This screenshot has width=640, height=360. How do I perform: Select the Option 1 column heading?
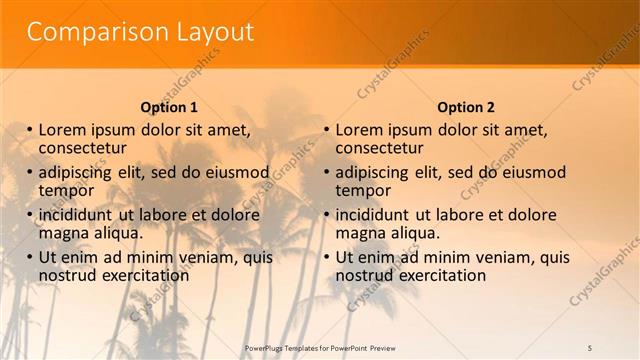pyautogui.click(x=168, y=107)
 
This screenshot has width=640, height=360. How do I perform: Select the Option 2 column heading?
pyautogui.click(x=466, y=107)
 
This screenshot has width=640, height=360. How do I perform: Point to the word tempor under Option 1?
pyautogui.click(x=66, y=190)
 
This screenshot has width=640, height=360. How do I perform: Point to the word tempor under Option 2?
pyautogui.click(x=363, y=190)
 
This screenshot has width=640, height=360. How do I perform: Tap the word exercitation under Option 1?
pyautogui.click(x=143, y=274)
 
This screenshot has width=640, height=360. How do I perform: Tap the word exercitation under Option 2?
pyautogui.click(x=440, y=274)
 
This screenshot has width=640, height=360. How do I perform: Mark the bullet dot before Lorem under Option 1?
pyautogui.click(x=30, y=130)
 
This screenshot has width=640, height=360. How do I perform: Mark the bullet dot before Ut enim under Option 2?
pyautogui.click(x=327, y=257)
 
